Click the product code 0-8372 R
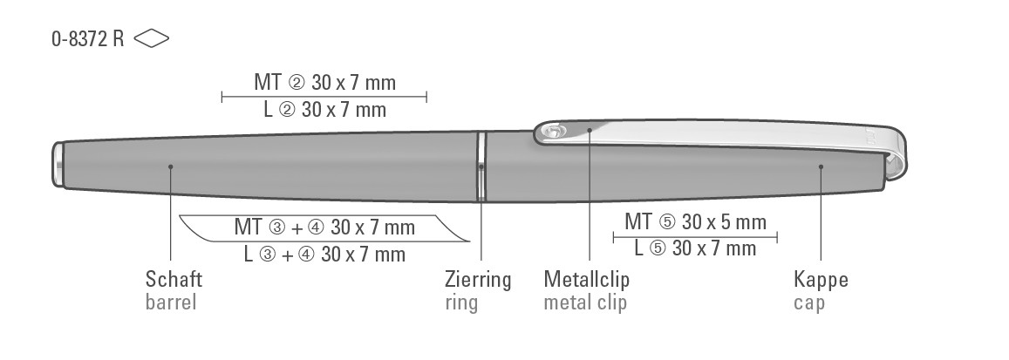point(87,39)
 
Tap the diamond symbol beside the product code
point(152,39)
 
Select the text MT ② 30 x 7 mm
point(325,82)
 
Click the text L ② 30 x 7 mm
point(325,110)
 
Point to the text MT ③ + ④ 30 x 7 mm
point(324,227)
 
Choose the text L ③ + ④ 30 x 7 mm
point(324,255)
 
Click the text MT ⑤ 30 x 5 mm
point(696,221)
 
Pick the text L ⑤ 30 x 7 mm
point(695,248)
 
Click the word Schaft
point(174,280)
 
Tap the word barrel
point(171,302)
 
